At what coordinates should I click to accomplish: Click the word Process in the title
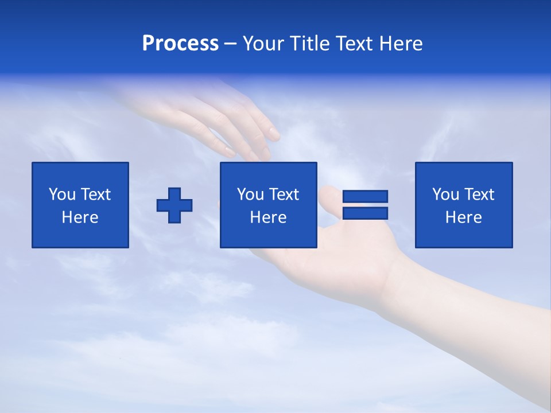tap(180, 44)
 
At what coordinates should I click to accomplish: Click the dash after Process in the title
tap(231, 44)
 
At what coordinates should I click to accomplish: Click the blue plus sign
tap(174, 205)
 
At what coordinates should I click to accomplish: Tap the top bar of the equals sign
tap(365, 196)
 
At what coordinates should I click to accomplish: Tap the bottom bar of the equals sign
tap(365, 213)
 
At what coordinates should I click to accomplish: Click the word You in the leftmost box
tap(62, 194)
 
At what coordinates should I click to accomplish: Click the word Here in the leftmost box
tap(80, 217)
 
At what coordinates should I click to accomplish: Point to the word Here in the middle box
tap(268, 217)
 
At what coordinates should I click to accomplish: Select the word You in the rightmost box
tap(445, 194)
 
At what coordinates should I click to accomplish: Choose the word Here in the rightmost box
tap(463, 217)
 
